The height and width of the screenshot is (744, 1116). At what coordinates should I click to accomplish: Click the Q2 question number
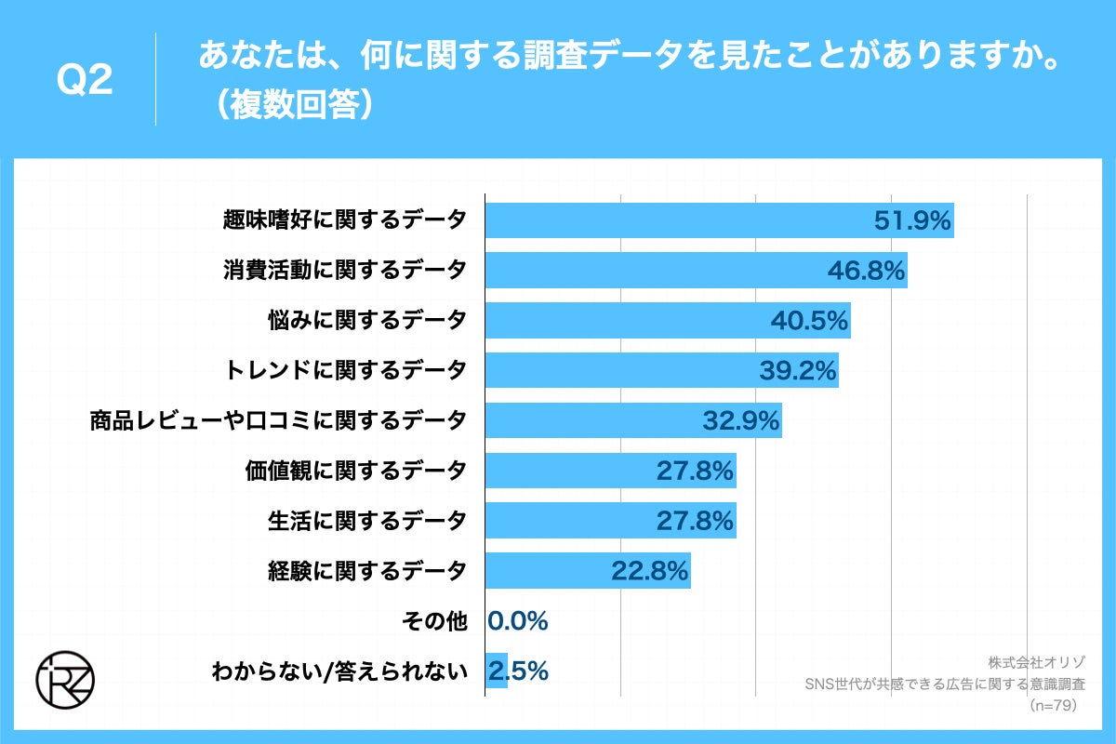(85, 81)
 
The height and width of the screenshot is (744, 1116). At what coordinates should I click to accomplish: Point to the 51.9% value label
(912, 220)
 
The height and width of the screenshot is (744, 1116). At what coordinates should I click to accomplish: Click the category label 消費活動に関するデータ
(344, 271)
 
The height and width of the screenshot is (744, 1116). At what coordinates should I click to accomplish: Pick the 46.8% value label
(866, 271)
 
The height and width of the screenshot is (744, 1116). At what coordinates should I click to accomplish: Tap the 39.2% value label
(798, 371)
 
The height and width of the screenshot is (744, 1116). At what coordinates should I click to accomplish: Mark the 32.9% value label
(740, 421)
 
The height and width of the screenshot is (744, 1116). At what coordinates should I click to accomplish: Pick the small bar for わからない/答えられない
(497, 671)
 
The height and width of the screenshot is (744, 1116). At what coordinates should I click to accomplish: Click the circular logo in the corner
(64, 677)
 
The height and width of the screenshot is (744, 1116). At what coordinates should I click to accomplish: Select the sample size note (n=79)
(1053, 706)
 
